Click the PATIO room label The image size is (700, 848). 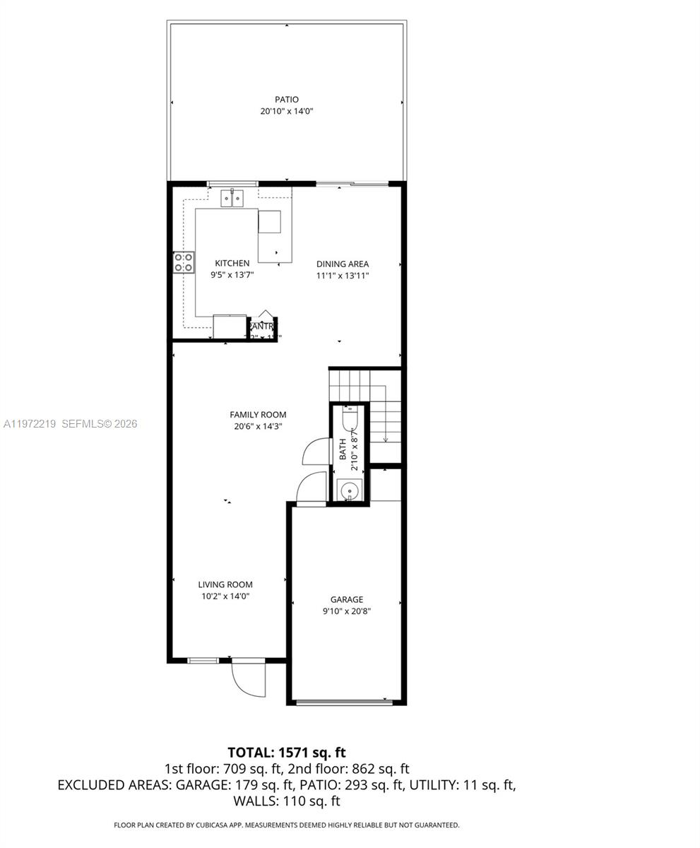(287, 100)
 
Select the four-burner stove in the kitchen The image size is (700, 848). (184, 263)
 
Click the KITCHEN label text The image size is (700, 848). (232, 263)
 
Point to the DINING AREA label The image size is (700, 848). (343, 264)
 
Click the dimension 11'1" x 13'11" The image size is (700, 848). (343, 276)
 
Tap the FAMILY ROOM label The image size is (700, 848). (258, 415)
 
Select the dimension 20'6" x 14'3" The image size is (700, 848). (258, 426)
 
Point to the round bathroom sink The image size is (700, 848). (350, 490)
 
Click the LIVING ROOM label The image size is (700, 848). (225, 584)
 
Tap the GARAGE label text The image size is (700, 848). (347, 599)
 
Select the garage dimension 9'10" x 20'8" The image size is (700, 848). (347, 611)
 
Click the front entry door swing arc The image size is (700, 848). (249, 680)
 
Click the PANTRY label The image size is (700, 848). (262, 326)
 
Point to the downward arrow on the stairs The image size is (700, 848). (386, 438)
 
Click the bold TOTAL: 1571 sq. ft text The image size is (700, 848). (287, 753)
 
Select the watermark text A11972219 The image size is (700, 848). (30, 424)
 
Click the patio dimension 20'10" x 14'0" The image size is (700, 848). (287, 111)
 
